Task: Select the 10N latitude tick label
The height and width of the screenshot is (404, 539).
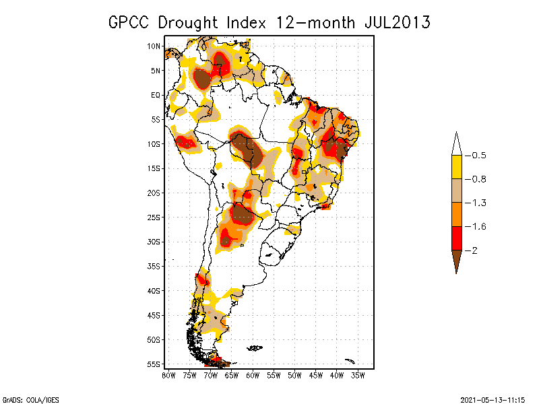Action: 154,46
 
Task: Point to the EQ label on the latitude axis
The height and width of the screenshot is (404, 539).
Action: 155,95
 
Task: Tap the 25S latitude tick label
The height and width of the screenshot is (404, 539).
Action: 154,217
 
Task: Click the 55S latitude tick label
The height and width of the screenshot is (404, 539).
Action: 154,364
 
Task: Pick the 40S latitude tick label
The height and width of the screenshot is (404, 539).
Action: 154,290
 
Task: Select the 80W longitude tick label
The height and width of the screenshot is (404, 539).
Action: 169,374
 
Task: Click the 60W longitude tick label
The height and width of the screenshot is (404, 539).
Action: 253,374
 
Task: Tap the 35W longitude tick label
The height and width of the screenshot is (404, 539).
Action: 358,374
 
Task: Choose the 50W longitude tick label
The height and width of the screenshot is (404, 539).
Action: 295,374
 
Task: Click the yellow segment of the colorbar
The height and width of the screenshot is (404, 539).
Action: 456,167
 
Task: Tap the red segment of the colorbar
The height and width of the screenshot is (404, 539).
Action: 456,238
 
